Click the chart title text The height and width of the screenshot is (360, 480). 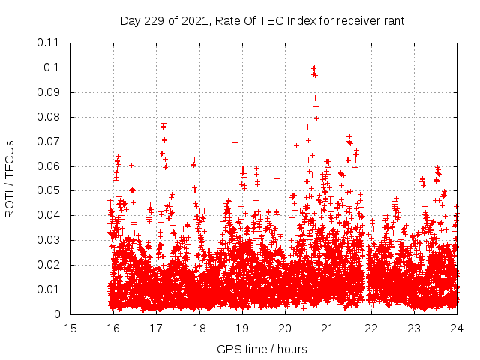pos(262,21)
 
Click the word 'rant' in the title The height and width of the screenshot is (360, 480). pos(394,21)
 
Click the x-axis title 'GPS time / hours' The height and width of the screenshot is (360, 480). pos(262,349)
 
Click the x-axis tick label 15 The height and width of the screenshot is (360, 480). pos(70,328)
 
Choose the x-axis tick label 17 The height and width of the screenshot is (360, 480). pos(156,328)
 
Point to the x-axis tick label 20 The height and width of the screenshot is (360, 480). pos(285,328)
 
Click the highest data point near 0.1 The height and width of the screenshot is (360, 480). pos(314,68)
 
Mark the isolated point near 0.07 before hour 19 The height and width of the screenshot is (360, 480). pos(235,142)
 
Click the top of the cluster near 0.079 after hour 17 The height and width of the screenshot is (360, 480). pos(163,121)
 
